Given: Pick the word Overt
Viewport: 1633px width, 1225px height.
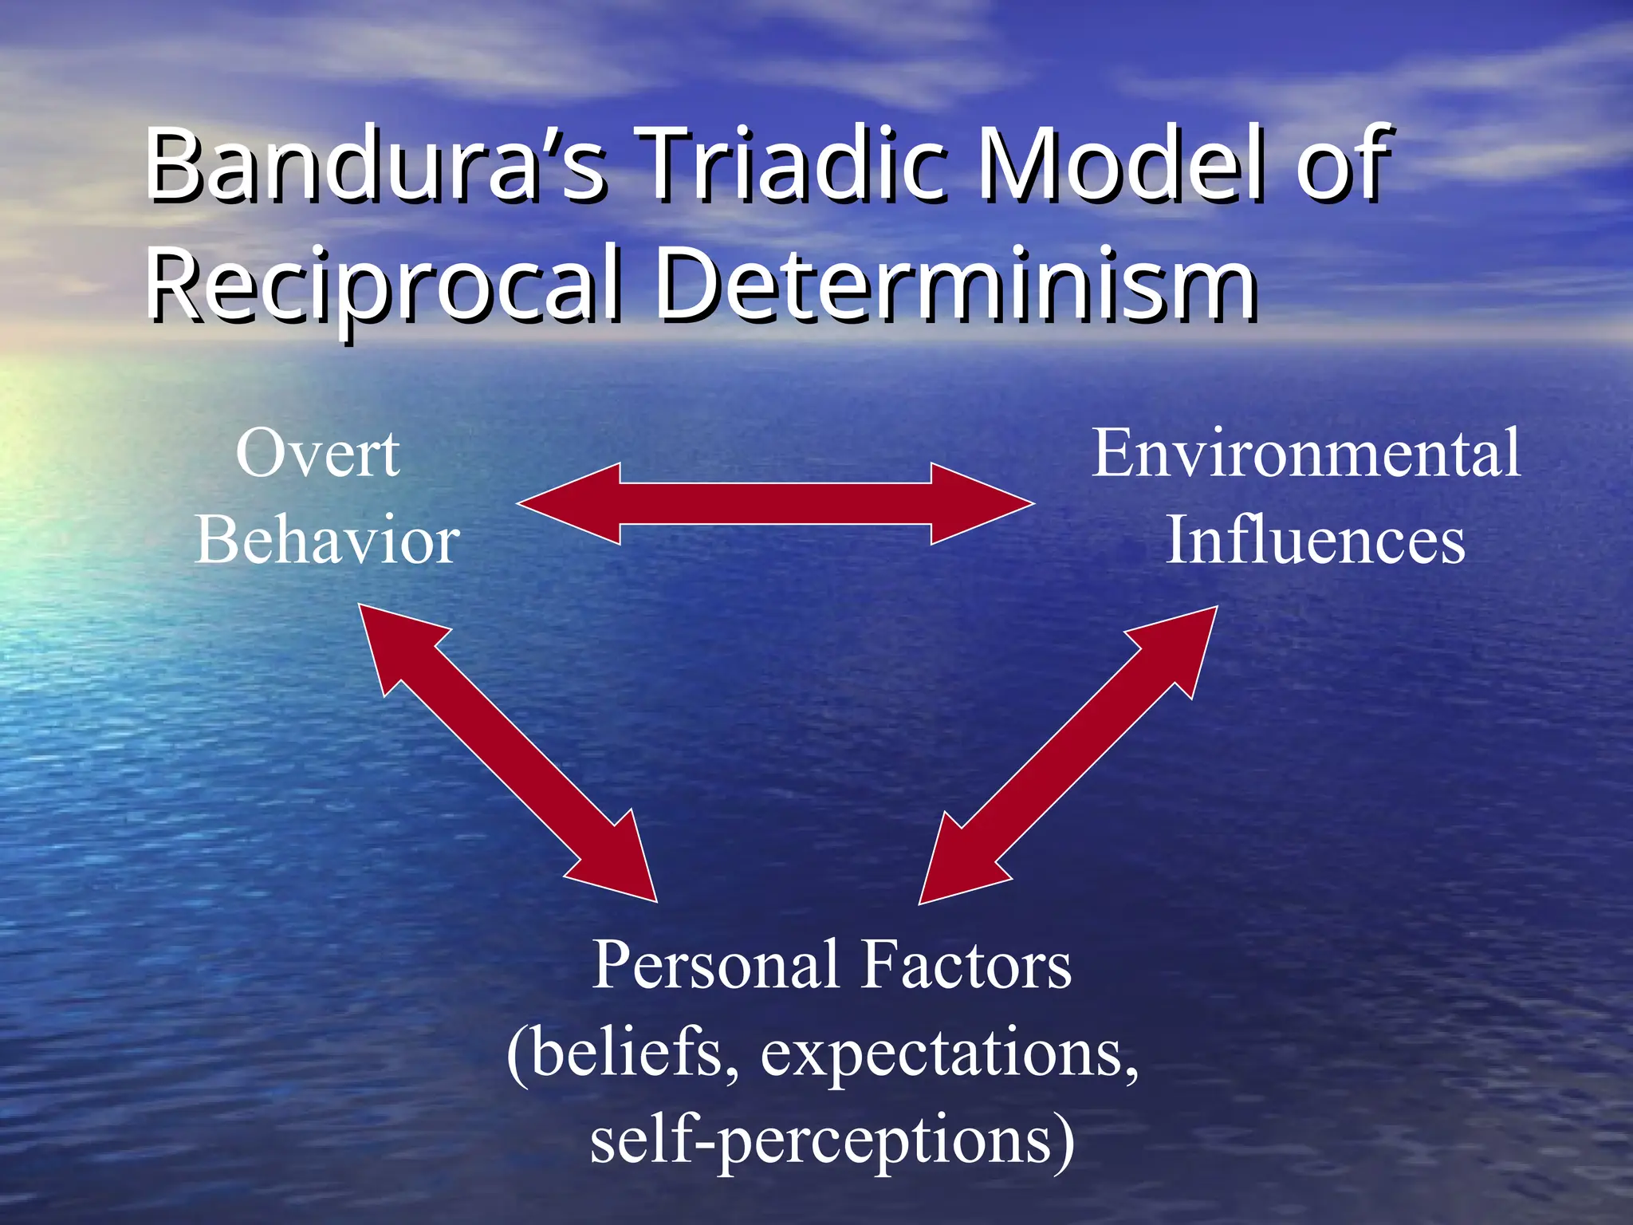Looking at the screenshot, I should pos(317,454).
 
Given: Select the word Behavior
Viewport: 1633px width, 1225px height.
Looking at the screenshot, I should pos(328,541).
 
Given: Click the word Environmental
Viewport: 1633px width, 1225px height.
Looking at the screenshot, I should pos(1306,454).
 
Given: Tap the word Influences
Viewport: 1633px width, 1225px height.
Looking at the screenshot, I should pos(1316,541).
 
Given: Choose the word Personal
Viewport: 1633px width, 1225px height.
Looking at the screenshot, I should pos(714,966).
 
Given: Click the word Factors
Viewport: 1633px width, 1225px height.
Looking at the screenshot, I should pos(967,966).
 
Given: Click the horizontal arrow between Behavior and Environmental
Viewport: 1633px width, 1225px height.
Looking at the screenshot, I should pos(775,504).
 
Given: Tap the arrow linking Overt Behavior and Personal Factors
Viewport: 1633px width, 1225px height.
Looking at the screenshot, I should pos(508,753).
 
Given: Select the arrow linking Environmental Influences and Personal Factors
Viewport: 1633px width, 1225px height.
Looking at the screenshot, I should pos(1068,755).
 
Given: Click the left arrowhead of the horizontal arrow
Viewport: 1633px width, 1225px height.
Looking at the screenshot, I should pos(570,504).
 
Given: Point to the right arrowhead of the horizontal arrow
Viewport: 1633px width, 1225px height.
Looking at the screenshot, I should pos(981,504).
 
